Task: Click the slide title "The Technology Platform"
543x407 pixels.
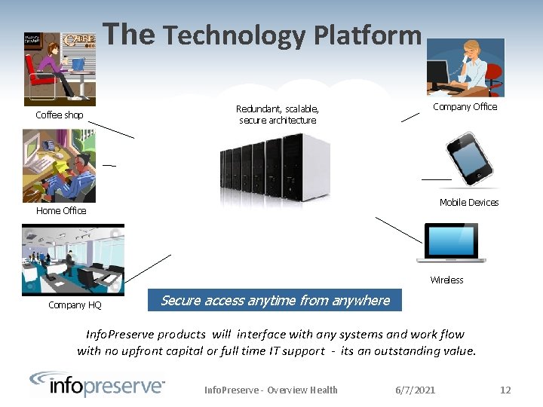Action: (x=262, y=34)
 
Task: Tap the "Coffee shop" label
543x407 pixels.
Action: (x=60, y=115)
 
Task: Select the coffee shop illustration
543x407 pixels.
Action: (x=60, y=68)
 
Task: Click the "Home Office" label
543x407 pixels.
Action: (x=61, y=211)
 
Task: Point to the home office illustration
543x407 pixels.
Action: (x=60, y=166)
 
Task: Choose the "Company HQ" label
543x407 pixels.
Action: (x=75, y=305)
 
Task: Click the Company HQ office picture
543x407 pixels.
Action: (x=73, y=259)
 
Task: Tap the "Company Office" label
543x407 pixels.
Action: (x=465, y=107)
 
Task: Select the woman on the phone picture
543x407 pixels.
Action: (x=465, y=68)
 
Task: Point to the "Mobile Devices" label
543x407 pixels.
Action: (x=469, y=203)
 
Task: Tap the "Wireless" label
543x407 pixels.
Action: (x=446, y=280)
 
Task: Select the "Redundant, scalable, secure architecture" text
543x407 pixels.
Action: (x=278, y=115)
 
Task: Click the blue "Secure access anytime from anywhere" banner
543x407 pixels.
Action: (x=275, y=301)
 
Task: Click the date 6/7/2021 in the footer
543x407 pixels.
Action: (x=416, y=390)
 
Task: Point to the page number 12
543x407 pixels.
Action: (x=505, y=390)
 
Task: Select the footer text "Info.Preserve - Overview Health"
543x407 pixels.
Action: (x=271, y=390)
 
